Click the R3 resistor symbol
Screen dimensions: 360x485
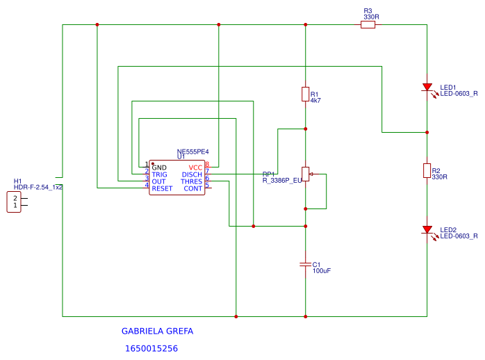[368, 24]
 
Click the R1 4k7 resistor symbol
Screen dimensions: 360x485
[305, 94]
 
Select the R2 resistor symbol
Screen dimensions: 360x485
[427, 171]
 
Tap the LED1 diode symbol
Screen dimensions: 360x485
[427, 88]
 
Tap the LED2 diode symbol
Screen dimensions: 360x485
[427, 230]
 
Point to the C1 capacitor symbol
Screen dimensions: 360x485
[305, 264]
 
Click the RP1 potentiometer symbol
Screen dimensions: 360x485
[305, 174]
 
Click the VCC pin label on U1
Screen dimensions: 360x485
[195, 167]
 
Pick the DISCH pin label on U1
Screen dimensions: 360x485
[192, 174]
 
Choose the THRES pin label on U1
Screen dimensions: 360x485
[192, 181]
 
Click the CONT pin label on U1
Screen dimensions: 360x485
[193, 188]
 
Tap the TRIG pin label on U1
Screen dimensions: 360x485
[160, 174]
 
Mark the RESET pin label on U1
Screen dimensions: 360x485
[162, 188]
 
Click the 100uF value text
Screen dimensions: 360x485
[322, 270]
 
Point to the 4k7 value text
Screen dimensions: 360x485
[315, 100]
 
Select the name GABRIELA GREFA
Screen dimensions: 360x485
[157, 332]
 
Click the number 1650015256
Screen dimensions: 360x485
[151, 348]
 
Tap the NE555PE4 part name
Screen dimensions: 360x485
[193, 152]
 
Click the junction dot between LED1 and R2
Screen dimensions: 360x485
[427, 131]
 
